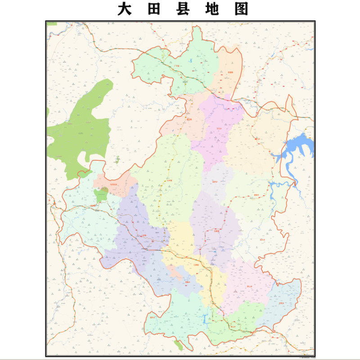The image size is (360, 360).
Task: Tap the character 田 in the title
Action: pyautogui.click(x=154, y=9)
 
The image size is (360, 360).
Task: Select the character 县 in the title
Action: pyautogui.click(x=183, y=9)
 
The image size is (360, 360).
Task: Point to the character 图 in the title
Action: pyautogui.click(x=241, y=9)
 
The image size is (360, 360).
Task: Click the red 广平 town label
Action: pyautogui.click(x=176, y=66)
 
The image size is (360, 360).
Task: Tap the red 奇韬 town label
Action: pyautogui.click(x=230, y=72)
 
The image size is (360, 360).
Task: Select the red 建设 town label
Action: pyautogui.click(x=189, y=119)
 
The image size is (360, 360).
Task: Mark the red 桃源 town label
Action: pyautogui.click(x=93, y=206)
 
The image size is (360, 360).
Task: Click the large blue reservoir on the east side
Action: pyautogui.click(x=297, y=146)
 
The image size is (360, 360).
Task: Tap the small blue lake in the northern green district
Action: pyautogui.click(x=190, y=60)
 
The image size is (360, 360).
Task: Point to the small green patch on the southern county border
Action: pyautogui.click(x=179, y=345)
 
